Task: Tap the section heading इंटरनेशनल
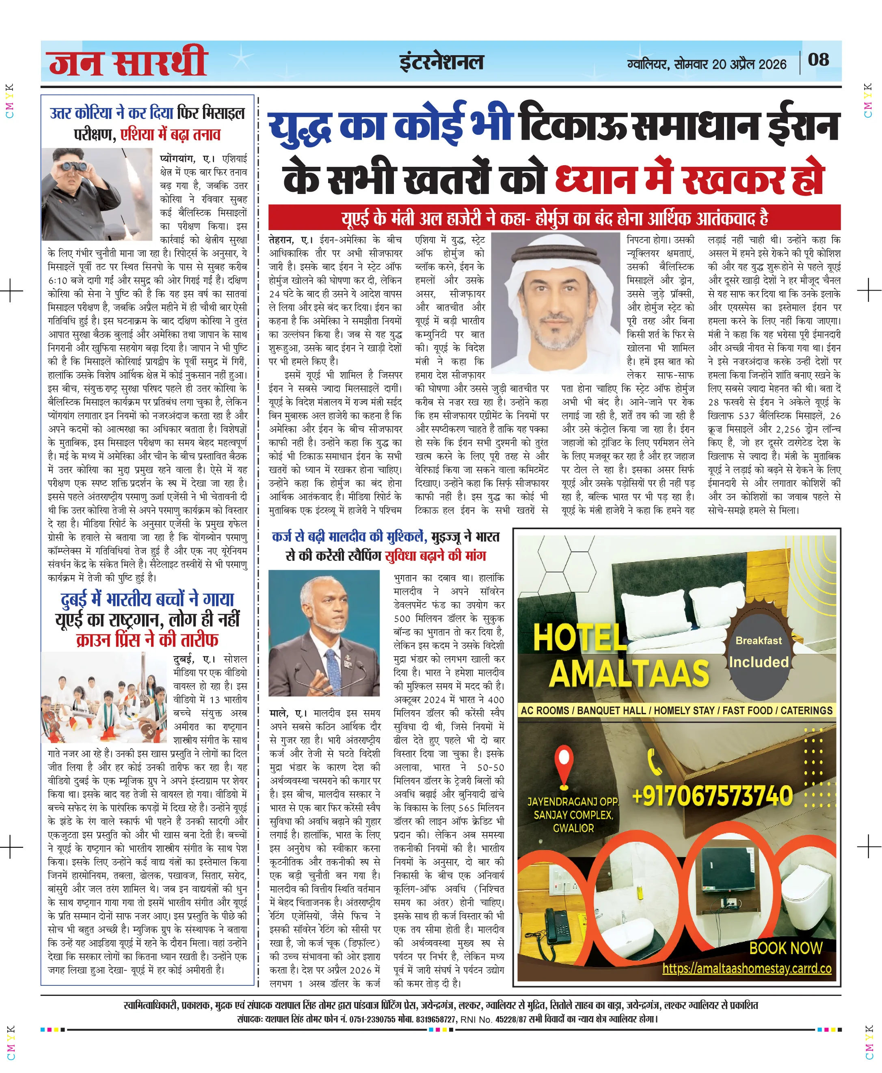(441, 62)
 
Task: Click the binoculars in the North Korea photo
(75, 166)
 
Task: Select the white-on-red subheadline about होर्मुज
(554, 218)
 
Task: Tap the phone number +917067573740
(712, 796)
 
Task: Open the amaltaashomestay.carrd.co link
(746, 968)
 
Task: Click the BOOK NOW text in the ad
(785, 948)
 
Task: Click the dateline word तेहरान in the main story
(281, 240)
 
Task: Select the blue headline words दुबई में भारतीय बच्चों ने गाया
(147, 600)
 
